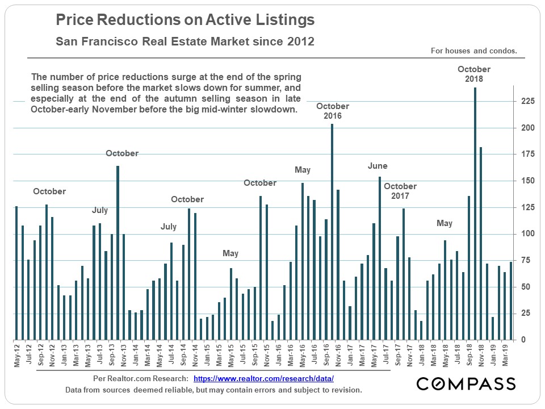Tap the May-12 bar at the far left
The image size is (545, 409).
16,273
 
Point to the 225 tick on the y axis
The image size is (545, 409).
527,101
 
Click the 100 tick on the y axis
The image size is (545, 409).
527,233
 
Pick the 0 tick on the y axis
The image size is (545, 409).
523,340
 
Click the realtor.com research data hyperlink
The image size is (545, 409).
263,378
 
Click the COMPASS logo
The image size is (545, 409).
466,383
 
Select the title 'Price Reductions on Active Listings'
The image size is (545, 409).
185,21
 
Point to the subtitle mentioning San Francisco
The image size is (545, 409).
185,42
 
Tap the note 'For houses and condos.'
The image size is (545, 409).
474,51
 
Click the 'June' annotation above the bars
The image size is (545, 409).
378,166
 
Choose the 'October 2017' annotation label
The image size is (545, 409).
400,191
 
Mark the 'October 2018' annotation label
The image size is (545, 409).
474,74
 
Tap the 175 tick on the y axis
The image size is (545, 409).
527,154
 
